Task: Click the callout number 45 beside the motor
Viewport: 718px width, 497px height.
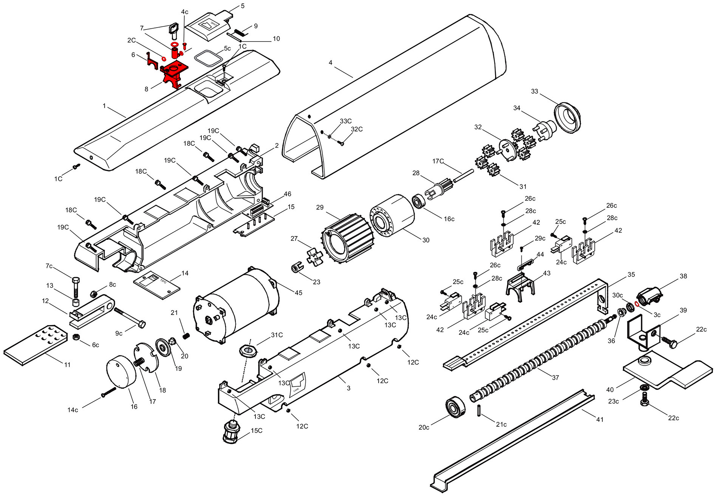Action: coord(299,293)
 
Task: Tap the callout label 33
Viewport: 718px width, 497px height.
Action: coord(534,91)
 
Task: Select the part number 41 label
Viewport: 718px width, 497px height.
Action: coord(600,419)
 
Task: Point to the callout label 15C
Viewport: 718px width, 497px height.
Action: coord(257,431)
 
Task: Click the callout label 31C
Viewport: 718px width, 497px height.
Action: coord(277,335)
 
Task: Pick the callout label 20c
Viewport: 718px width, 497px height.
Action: coord(424,427)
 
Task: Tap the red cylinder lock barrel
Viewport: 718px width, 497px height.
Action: coord(175,52)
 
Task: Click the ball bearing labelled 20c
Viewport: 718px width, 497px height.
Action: coord(455,407)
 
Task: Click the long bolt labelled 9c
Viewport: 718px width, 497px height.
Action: coord(130,318)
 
